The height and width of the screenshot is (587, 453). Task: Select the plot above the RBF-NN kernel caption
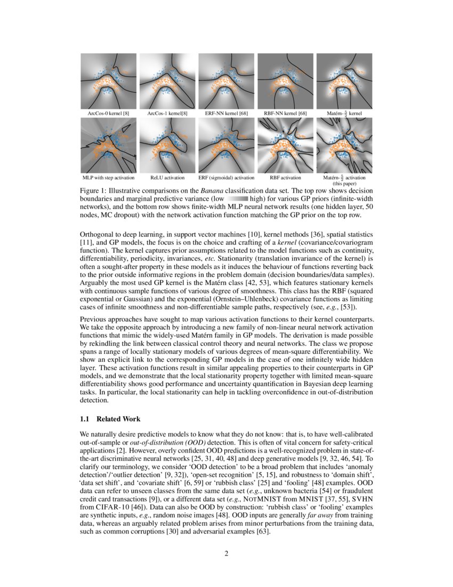285,81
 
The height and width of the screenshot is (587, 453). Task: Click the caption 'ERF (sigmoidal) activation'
226,177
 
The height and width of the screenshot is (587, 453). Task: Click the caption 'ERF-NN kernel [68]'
226,114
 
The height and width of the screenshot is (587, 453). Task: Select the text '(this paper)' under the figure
344,183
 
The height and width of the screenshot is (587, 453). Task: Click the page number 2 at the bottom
226,553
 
